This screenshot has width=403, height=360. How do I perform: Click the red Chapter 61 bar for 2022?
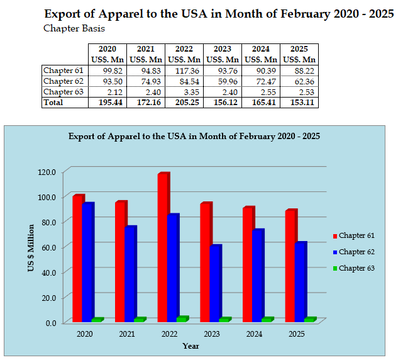[x=163, y=247]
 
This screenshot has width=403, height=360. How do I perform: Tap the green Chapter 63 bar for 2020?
[x=96, y=320]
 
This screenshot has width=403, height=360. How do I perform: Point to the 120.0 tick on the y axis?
[x=47, y=172]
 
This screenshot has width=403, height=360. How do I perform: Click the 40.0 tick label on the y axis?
[x=48, y=272]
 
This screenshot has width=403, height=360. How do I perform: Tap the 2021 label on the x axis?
[x=126, y=334]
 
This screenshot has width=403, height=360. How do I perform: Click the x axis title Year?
[x=190, y=346]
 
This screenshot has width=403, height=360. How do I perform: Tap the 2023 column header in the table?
[x=223, y=49]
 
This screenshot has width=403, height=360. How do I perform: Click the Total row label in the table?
[x=54, y=103]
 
